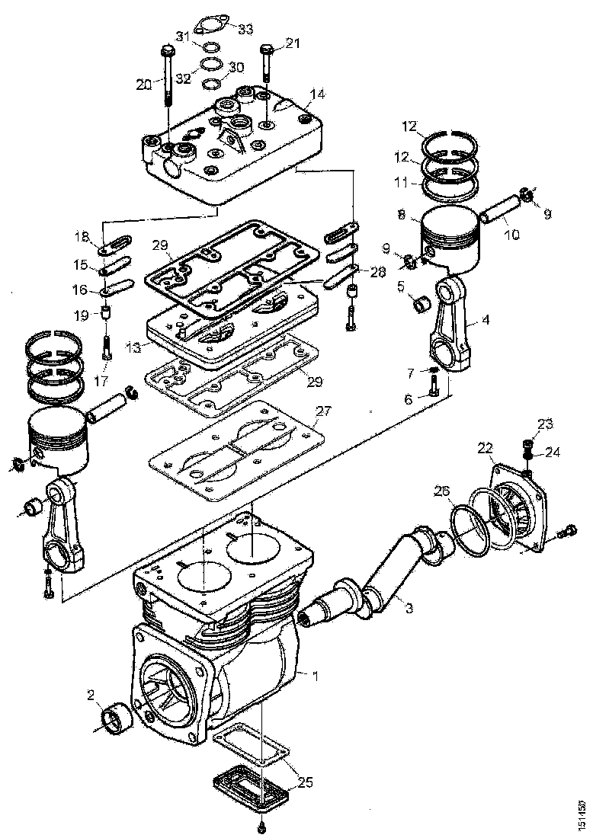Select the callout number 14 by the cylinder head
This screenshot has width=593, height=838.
[317, 94]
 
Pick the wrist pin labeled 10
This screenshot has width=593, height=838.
[500, 211]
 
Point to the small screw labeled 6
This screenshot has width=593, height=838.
[434, 389]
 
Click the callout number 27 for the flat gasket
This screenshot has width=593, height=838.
[324, 411]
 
